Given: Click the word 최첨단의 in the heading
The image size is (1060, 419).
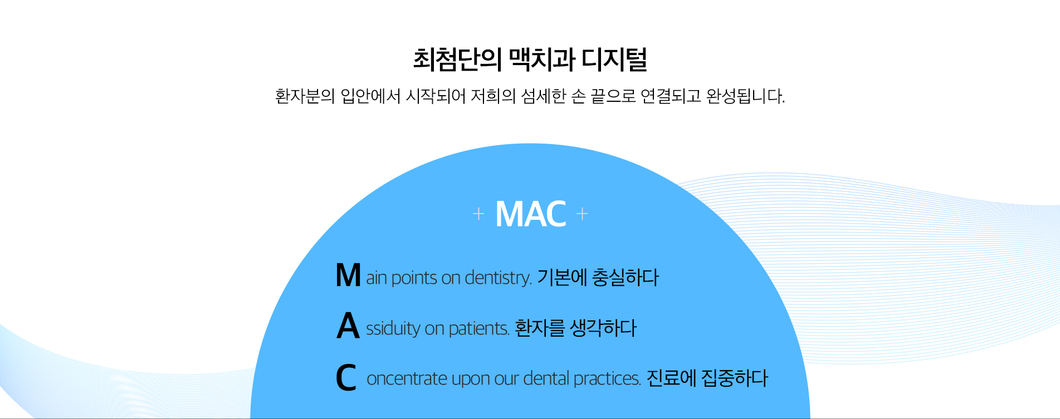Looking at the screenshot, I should pos(457,60).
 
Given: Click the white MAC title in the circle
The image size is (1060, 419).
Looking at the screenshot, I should pos(530,214).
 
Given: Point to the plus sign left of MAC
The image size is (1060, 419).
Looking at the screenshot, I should pos(478,214).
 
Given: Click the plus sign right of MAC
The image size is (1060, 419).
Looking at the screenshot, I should pos(582,214).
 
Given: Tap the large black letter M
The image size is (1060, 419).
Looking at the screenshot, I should pos(348,275).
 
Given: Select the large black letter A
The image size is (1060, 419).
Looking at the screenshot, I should pos(348,326).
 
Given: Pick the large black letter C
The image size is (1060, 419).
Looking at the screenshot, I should pos(346,377).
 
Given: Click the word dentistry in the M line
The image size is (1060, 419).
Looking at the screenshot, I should pos(497,277).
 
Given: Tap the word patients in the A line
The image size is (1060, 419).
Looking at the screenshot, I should pos(478,328).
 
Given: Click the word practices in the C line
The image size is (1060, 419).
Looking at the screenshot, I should pos(607,378).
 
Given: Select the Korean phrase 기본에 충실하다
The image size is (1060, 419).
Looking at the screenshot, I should pos(598,277).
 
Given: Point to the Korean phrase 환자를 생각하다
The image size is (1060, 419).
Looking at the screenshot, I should pos(575,328).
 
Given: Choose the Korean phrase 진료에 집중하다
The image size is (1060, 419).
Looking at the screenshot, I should pos(707,378).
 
